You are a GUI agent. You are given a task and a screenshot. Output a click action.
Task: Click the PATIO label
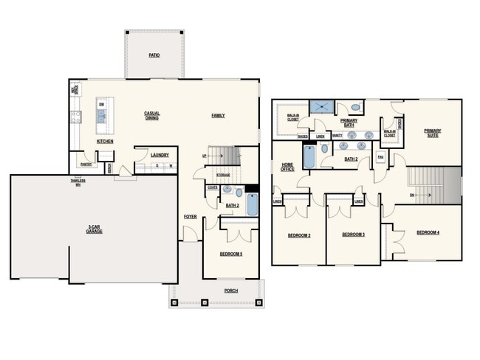pyautogui.click(x=154, y=55)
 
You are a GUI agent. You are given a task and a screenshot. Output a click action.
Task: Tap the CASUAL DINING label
pyautogui.click(x=152, y=115)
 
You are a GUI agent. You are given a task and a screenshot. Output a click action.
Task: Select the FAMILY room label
pyautogui.click(x=219, y=115)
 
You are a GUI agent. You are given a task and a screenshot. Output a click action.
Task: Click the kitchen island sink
pyautogui.click(x=101, y=115)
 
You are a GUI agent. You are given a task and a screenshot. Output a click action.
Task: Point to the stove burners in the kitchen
pyautogui.click(x=75, y=115)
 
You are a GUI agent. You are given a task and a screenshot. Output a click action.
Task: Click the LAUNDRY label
pyautogui.click(x=160, y=155)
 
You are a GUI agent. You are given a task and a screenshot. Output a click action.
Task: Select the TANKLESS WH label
pyautogui.click(x=78, y=181)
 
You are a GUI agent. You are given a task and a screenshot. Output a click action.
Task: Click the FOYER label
pyautogui.click(x=190, y=217)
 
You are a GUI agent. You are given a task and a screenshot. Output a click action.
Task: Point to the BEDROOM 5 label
pyautogui.click(x=231, y=254)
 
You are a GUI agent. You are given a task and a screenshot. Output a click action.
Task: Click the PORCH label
pyautogui.click(x=231, y=291)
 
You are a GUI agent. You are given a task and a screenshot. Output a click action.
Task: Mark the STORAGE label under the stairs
pyautogui.click(x=223, y=176)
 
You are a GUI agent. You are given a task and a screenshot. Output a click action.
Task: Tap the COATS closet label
pyautogui.click(x=212, y=187)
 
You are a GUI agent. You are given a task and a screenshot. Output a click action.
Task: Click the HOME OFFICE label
pyautogui.click(x=287, y=167)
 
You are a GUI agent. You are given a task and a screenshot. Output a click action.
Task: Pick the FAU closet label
pyautogui.click(x=380, y=157)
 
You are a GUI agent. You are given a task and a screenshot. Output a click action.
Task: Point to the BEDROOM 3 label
pyautogui.click(x=354, y=235)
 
